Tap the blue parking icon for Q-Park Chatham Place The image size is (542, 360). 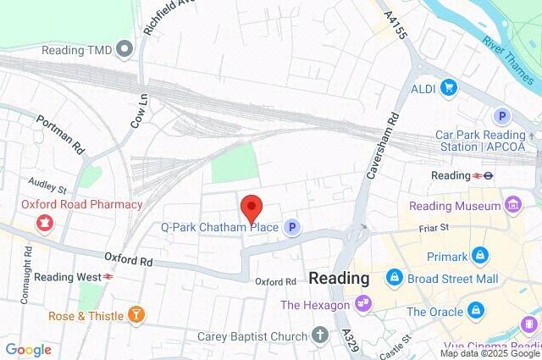coord(292,227)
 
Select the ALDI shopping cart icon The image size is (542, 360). coord(447,86)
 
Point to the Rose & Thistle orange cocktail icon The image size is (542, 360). coord(135,315)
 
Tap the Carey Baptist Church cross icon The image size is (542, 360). coord(319,336)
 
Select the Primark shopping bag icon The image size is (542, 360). coord(480,252)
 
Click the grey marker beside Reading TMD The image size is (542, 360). coord(126,48)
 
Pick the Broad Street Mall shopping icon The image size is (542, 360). coord(394,277)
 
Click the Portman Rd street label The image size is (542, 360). coord(61,134)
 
